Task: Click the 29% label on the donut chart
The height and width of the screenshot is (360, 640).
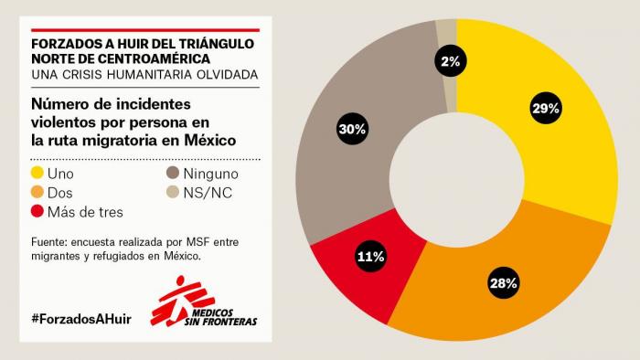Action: (x=546, y=109)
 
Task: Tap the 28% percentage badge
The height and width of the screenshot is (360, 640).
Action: (x=503, y=282)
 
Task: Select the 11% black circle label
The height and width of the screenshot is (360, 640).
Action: (x=370, y=257)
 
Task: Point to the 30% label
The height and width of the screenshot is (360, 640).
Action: (x=352, y=129)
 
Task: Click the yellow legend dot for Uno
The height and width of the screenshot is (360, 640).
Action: (x=37, y=173)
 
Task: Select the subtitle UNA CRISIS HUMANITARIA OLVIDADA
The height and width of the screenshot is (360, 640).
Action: (x=144, y=73)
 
